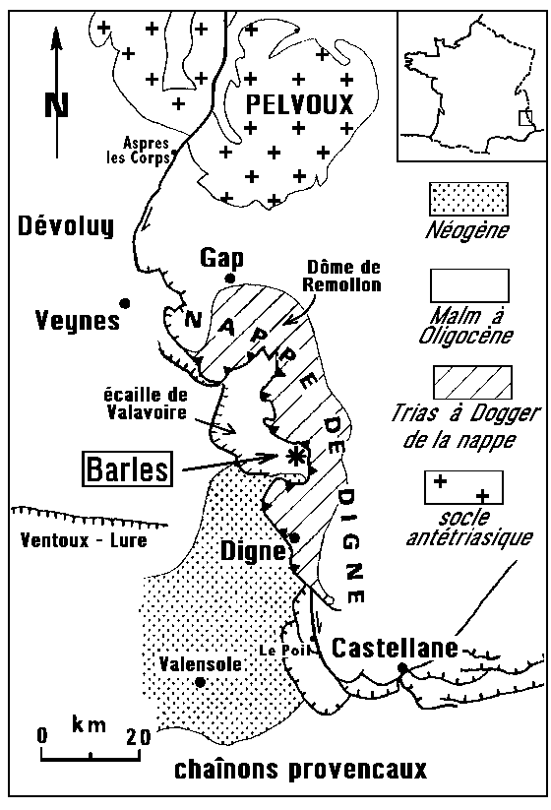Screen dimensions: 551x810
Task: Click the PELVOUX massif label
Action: [299, 104]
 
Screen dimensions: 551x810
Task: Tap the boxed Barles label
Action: [128, 469]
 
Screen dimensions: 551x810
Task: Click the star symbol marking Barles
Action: [295, 457]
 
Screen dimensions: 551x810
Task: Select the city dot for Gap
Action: [230, 279]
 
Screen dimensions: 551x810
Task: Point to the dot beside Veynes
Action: [124, 303]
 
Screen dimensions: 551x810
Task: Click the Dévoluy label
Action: [66, 226]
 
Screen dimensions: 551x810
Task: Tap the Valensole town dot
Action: [201, 682]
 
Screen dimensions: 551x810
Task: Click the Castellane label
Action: [395, 648]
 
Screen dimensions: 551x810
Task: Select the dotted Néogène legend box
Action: [468, 199]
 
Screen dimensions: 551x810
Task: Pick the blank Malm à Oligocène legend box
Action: [469, 285]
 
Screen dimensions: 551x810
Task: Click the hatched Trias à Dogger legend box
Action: [472, 382]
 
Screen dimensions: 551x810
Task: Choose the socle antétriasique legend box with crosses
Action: [463, 487]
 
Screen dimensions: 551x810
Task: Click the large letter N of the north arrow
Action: [56, 105]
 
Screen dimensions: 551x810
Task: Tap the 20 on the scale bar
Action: [139, 736]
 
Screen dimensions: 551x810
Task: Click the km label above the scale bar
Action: [89, 725]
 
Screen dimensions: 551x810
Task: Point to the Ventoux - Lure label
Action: [84, 540]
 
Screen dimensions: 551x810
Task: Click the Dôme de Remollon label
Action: [342, 276]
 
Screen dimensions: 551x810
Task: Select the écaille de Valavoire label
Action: [146, 404]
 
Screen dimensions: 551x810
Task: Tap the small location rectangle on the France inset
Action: [525, 118]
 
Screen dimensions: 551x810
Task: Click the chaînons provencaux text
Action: [300, 770]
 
